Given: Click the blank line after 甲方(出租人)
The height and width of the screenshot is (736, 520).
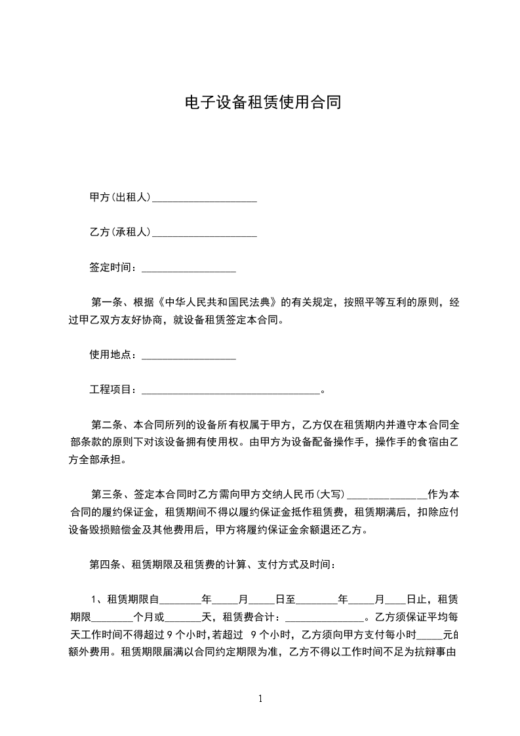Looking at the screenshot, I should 204,198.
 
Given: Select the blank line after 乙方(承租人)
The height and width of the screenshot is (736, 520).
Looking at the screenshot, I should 204,233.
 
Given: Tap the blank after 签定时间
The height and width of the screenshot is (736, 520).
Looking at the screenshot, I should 188,268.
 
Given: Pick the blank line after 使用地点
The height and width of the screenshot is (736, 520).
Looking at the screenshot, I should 188,356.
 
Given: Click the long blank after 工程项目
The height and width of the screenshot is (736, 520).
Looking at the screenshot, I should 230,391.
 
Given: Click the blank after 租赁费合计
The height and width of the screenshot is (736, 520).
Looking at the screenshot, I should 325,617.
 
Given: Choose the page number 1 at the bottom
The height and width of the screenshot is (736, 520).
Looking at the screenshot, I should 260,699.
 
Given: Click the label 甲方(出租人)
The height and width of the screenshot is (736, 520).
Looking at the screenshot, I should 120,197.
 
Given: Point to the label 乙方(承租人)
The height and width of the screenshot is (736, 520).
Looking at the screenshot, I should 120,232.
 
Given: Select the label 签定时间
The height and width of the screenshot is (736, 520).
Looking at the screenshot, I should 112,268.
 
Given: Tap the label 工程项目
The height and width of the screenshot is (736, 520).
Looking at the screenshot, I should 112,390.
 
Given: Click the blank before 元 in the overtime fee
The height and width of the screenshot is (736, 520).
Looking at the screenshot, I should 430,635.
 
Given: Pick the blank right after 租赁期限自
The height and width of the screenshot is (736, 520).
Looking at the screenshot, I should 180,600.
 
